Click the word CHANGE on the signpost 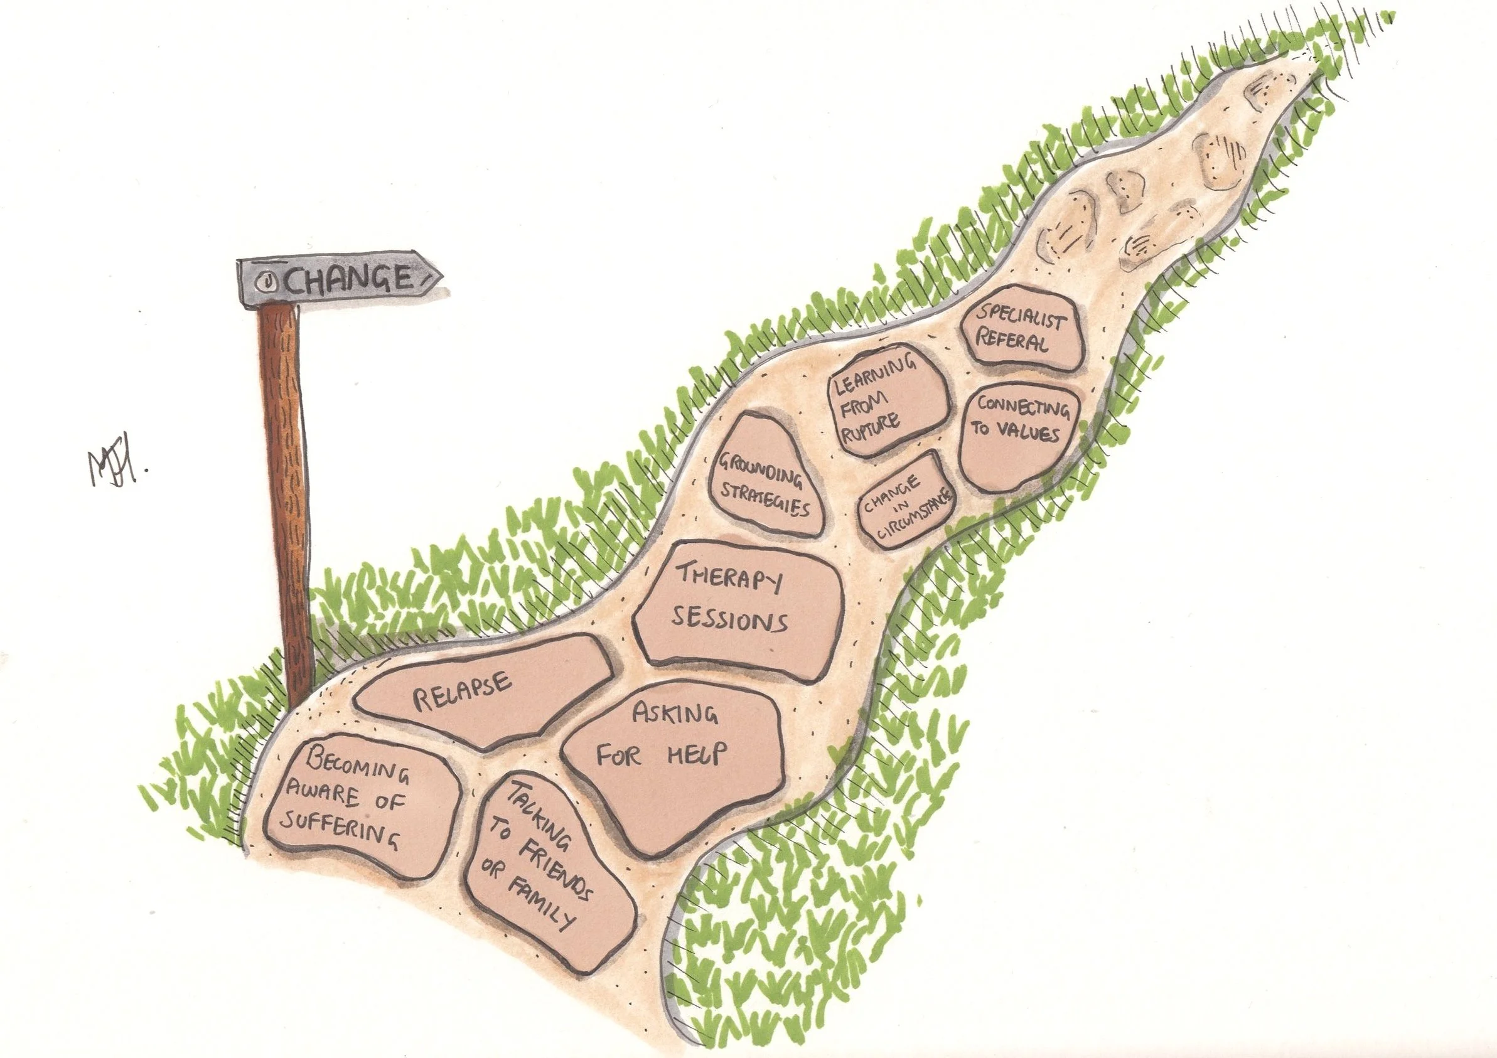click(349, 280)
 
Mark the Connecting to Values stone click(1021, 434)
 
